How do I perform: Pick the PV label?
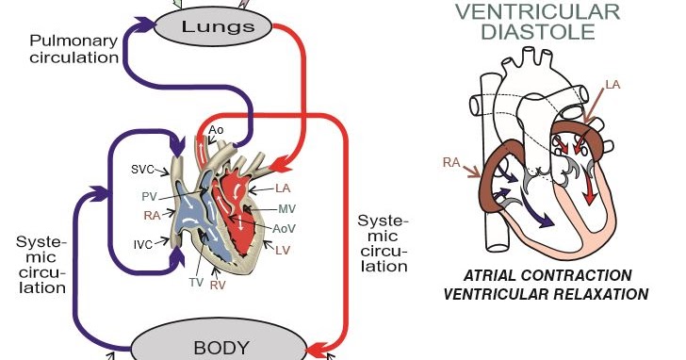pos(148,196)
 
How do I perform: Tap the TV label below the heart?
pos(196,282)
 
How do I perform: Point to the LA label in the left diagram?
pos(283,188)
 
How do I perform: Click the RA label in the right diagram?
pos(451,162)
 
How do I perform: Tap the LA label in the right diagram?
pos(612,86)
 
